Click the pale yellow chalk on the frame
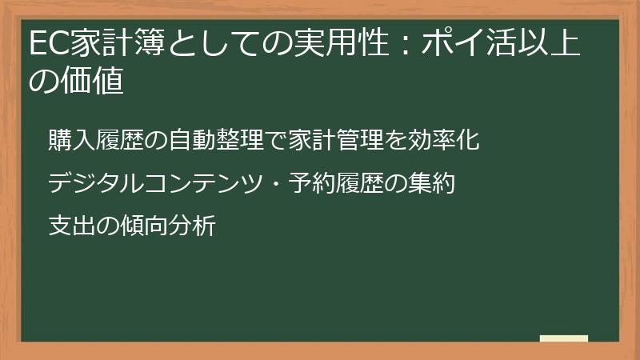(563, 338)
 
